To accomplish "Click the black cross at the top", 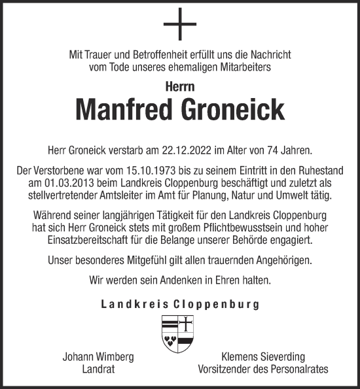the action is [179, 29].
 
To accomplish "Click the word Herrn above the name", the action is [179, 85].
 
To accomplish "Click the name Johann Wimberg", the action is [98, 358].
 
